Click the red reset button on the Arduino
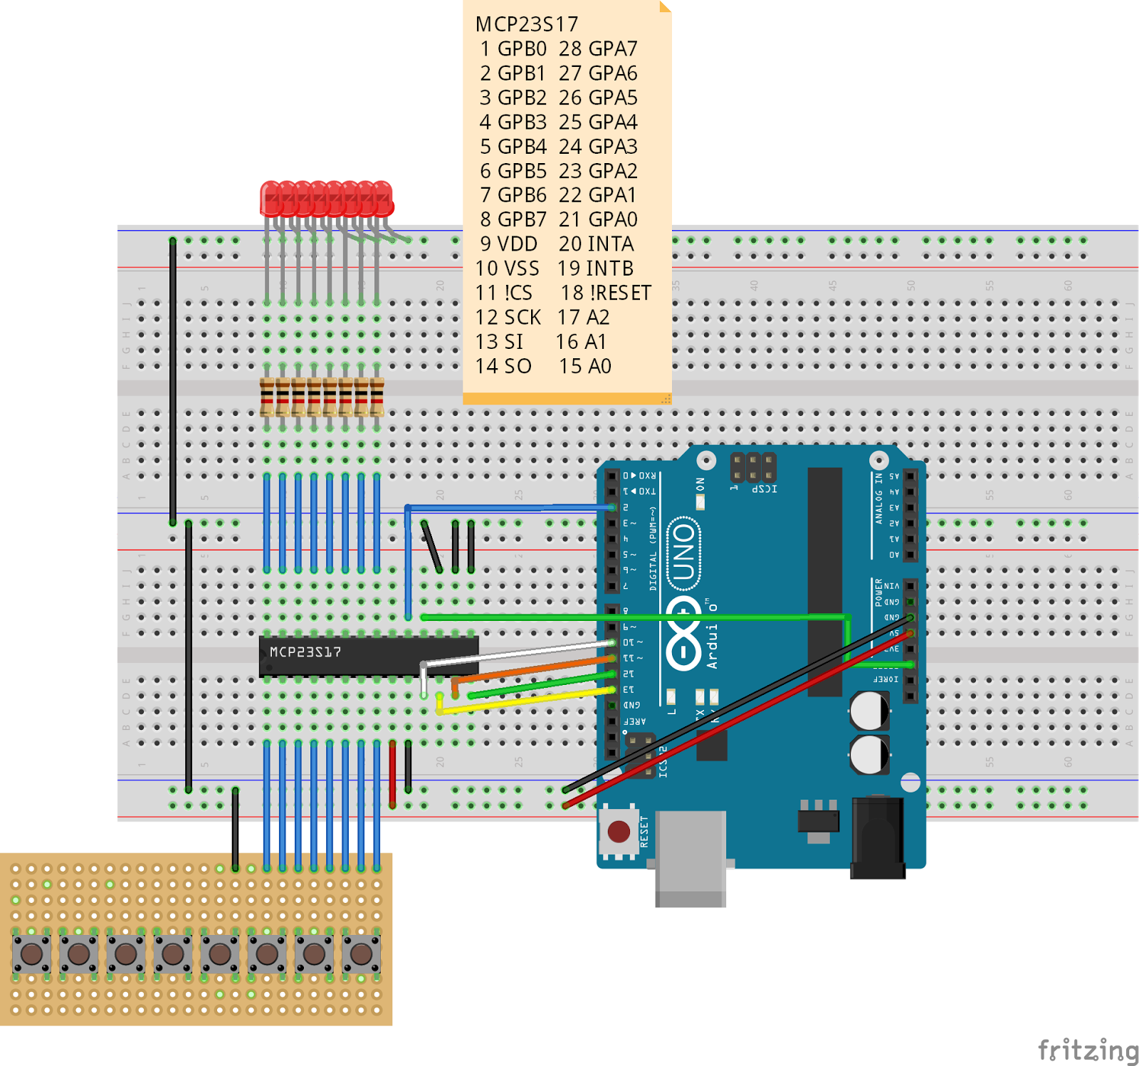point(619,830)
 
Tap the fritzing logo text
point(1088,1050)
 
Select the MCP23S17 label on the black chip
point(305,652)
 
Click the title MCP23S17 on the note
point(527,24)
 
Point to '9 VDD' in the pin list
point(508,244)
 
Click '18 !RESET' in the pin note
point(605,293)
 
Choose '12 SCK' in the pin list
point(508,317)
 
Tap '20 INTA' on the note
point(596,244)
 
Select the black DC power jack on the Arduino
point(878,838)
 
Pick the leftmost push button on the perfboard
point(31,953)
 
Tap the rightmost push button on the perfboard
point(361,953)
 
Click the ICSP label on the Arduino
point(764,489)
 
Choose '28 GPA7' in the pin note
point(597,48)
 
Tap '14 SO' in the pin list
point(503,366)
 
